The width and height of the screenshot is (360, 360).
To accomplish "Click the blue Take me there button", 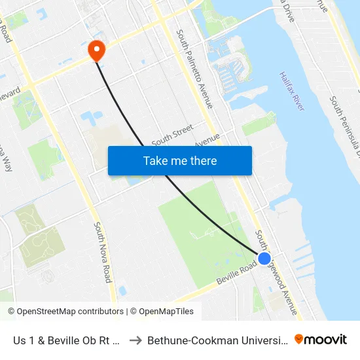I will [x=179, y=160].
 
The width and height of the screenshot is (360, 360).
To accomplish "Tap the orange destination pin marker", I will [x=96, y=50].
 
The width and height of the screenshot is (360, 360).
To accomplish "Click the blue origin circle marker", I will [x=264, y=259].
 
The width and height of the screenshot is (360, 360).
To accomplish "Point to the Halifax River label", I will [x=292, y=91].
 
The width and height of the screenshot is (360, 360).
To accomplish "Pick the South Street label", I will [x=172, y=135].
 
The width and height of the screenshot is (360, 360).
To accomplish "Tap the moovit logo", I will [x=321, y=340].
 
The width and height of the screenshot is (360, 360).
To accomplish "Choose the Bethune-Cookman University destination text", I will [x=216, y=340].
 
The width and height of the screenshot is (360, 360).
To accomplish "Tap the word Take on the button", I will [x=156, y=160].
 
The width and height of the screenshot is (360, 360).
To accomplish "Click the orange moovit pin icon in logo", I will [x=299, y=339].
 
